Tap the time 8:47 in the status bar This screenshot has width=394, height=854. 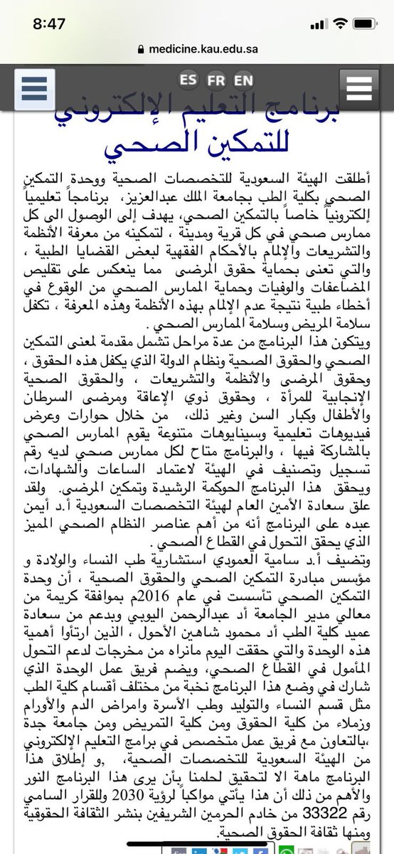click(48, 23)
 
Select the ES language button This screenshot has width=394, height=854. click(189, 78)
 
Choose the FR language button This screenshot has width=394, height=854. click(216, 78)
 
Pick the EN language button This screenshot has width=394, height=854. click(243, 78)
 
